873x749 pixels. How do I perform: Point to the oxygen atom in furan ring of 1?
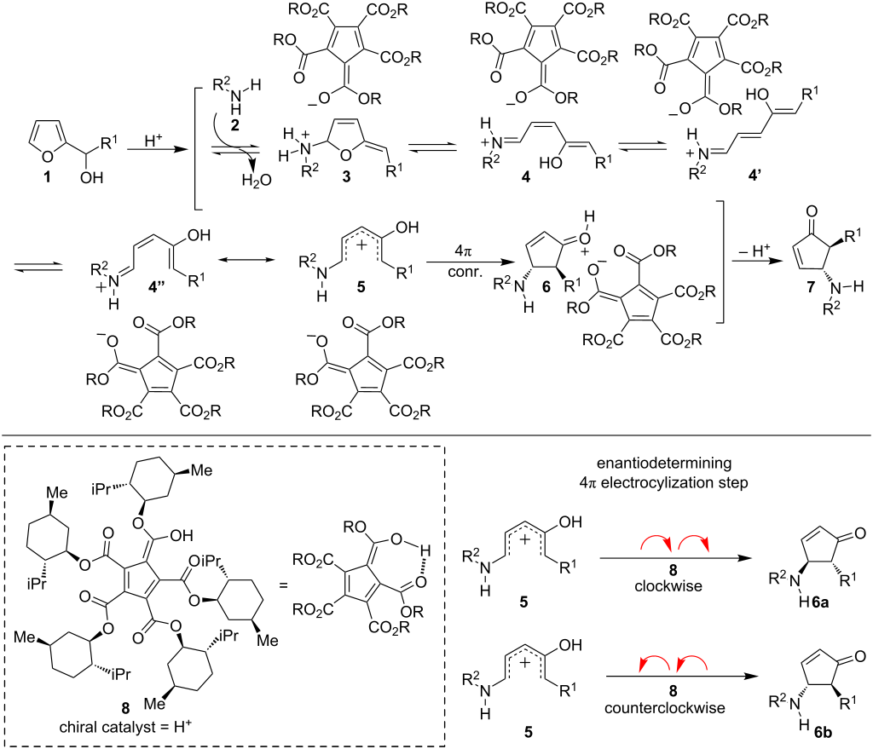[36, 153]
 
